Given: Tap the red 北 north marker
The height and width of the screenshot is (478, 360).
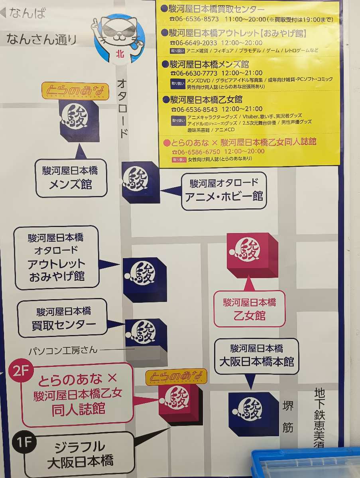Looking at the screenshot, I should pos(119,53).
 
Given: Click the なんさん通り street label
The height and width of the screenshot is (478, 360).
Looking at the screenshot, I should pos(41,39).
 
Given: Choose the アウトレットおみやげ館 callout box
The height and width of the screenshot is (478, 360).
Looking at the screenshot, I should pos(56,257).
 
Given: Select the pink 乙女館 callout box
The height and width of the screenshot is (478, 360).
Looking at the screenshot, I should pos(250,309).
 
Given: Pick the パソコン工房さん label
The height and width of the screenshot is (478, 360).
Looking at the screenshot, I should pos(63,351).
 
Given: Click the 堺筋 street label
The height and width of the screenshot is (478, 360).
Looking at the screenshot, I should pos(288,416).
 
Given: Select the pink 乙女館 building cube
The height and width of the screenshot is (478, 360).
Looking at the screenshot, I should pos(251,255).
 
